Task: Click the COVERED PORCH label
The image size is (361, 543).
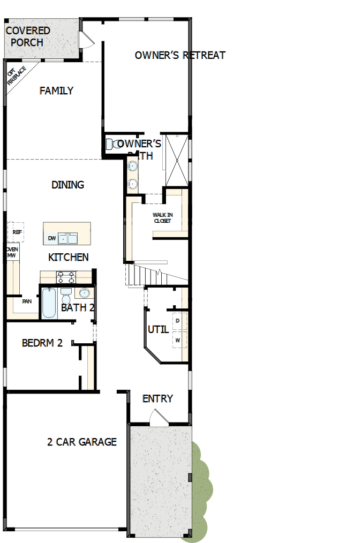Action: (28, 36)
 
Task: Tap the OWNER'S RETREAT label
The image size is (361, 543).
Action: (180, 55)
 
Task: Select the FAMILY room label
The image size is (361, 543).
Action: (56, 91)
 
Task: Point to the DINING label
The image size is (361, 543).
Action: (67, 185)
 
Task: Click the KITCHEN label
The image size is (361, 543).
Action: (69, 258)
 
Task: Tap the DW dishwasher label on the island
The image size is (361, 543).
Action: (52, 238)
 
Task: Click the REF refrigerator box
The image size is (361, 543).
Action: (17, 232)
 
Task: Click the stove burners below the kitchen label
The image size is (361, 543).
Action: (66, 277)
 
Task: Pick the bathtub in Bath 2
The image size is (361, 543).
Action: (49, 303)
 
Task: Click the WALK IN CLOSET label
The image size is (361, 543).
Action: (162, 218)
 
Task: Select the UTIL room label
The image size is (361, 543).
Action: (159, 329)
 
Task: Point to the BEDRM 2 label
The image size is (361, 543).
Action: (42, 343)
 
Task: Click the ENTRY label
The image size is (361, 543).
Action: (157, 398)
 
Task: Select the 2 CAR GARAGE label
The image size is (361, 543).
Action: (82, 442)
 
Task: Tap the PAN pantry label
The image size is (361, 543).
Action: (26, 301)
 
